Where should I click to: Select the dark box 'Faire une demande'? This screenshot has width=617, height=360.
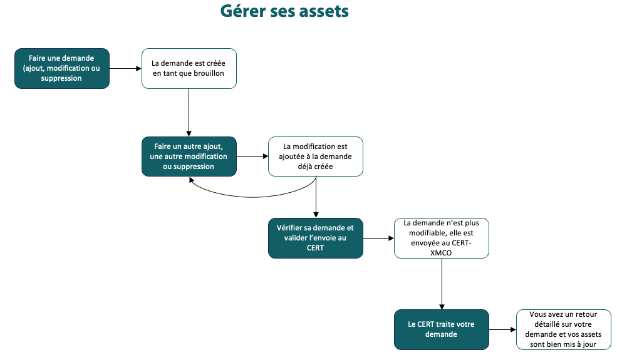click(61, 68)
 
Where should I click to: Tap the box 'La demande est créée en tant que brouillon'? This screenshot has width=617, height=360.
click(189, 68)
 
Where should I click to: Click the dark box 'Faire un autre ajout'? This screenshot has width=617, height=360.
click(189, 157)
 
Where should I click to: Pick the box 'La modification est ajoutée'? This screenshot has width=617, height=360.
click(316, 157)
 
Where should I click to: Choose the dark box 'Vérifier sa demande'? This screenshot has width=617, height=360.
click(315, 238)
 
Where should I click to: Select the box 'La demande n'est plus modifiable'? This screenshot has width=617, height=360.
click(441, 238)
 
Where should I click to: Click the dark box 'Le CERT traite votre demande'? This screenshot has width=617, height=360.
click(441, 329)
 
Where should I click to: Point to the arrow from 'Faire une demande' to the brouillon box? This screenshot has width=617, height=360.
click(125, 68)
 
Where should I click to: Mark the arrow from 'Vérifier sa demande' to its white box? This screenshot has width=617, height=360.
click(378, 238)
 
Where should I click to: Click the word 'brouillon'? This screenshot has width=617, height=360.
click(207, 74)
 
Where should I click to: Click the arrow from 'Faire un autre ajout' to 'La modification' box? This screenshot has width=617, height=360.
click(252, 157)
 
